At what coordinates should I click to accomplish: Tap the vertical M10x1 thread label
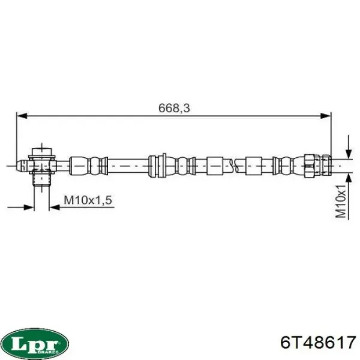340,201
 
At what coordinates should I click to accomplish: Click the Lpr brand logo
34,343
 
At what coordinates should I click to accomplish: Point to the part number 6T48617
317,343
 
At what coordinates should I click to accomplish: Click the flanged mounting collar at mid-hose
157,163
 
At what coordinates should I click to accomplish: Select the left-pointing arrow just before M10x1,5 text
53,208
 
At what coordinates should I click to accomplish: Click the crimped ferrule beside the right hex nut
287,163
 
